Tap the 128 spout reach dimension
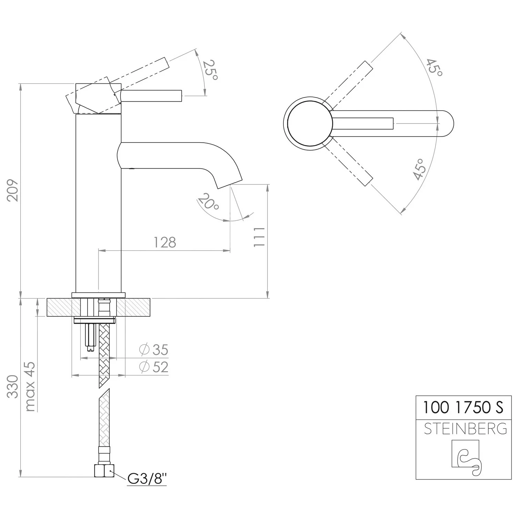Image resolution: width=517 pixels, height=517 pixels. point(165,242)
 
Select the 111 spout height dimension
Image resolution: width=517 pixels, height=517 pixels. point(259,237)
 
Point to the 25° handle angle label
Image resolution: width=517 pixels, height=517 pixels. point(210,70)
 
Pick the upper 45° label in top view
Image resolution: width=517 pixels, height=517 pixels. point(434,68)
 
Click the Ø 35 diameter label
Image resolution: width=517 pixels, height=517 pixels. point(154,350)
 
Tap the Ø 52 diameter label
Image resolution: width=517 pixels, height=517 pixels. point(154,367)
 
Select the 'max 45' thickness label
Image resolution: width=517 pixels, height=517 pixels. point(30,386)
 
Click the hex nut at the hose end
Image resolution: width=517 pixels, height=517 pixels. point(104,470)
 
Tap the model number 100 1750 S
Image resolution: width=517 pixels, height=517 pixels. point(463,407)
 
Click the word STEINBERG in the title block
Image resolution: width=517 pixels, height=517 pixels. point(465,429)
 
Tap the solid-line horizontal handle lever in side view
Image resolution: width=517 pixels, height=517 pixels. point(151,96)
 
